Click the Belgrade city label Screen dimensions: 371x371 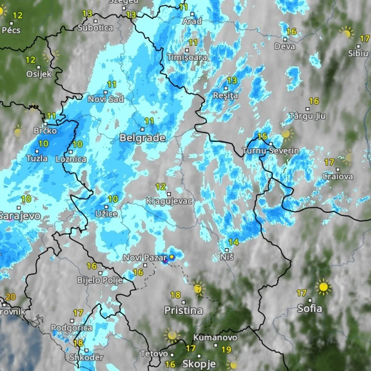point(142,138)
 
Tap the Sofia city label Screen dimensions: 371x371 point(309,309)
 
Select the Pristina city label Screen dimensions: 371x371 point(183,310)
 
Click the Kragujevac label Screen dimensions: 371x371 point(169,201)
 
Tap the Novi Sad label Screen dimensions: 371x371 point(106,99)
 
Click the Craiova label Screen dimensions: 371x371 point(337,176)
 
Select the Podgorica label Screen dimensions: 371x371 point(71,328)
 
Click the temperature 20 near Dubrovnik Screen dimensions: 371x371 point(10,297)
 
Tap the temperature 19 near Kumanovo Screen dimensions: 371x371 point(226,349)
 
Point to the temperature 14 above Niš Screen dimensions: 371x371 point(234,242)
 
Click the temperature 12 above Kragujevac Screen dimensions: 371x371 point(161,186)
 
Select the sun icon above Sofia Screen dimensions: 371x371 point(323,287)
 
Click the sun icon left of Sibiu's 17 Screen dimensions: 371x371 point(346,32)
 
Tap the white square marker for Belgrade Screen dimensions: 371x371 point(142,129)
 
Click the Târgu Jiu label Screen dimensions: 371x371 point(307,116)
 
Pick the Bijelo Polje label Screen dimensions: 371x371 point(100,280)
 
